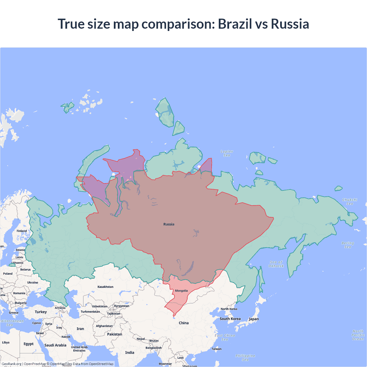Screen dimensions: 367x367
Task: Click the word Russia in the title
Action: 290,24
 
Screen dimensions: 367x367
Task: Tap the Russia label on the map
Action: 169,224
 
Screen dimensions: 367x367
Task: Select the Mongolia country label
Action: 181,291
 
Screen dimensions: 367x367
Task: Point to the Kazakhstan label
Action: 106,287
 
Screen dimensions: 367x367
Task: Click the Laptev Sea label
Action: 227,153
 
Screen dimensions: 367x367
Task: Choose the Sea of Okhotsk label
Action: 276,264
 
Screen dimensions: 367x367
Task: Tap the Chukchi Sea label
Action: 350,202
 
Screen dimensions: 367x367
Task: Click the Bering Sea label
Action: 348,245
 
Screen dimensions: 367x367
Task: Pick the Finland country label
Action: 22,231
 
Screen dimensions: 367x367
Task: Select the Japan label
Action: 254,319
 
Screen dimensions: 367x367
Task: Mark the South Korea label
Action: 230,319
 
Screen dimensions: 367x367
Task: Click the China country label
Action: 184,323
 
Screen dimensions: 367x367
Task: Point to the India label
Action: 130,352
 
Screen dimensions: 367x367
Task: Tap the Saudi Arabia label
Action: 55,345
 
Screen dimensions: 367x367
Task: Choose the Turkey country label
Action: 41,312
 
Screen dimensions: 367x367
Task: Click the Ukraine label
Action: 33,282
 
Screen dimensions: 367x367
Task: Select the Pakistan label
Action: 115,334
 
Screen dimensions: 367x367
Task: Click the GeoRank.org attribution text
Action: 11,364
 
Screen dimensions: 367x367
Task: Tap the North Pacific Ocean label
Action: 358,335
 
